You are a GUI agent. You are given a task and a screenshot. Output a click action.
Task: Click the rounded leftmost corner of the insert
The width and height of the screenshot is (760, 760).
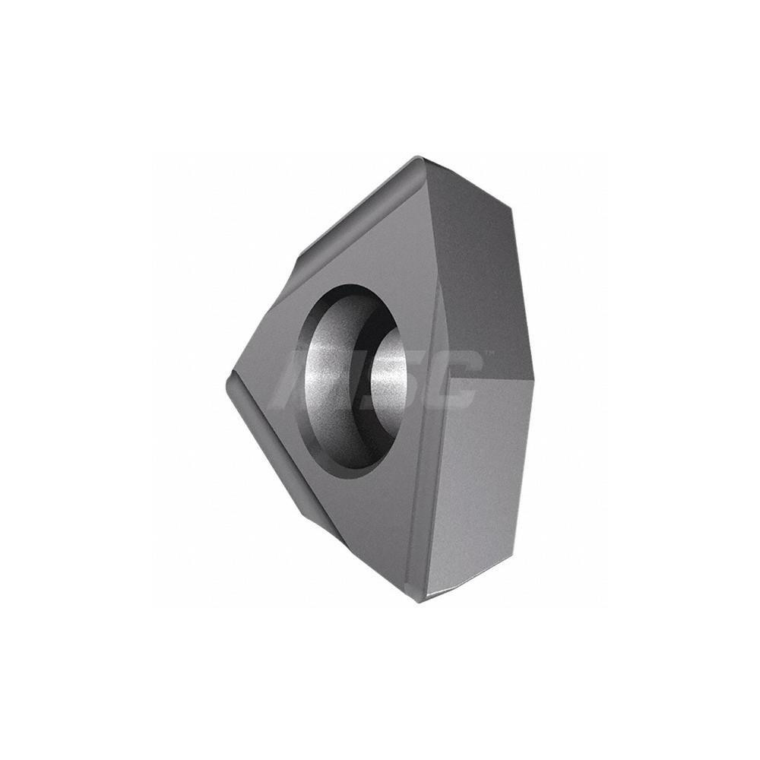(230, 388)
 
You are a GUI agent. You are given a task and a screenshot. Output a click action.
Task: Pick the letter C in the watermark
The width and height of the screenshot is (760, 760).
(456, 380)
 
